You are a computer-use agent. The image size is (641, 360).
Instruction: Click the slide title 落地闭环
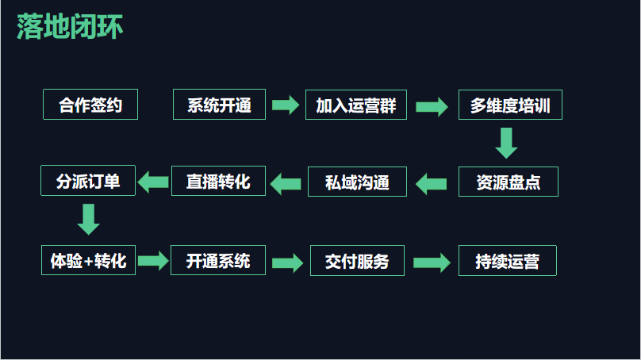[69, 27]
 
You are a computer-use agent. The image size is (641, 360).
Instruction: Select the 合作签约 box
[90, 105]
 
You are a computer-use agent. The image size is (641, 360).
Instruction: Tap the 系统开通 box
[219, 105]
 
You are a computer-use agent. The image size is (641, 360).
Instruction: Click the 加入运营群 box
[355, 105]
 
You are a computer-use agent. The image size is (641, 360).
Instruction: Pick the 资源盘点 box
[508, 182]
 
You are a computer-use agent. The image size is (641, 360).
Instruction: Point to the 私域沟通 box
[357, 182]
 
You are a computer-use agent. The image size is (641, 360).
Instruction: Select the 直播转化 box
[218, 182]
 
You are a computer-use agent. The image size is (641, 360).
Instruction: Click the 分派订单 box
[88, 181]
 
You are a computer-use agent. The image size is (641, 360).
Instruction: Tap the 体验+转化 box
[88, 260]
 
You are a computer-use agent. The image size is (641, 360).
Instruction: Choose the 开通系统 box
[218, 260]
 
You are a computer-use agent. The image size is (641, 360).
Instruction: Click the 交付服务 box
[356, 261]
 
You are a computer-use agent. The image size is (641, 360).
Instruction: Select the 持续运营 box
[507, 261]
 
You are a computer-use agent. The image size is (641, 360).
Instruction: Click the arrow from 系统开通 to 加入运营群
[284, 105]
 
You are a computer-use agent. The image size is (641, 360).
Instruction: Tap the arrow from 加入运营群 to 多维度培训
[432, 106]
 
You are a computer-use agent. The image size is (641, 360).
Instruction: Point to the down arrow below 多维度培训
[506, 143]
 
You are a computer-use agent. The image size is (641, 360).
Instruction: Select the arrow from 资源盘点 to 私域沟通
[432, 184]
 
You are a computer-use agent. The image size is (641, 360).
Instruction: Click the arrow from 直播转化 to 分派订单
[153, 182]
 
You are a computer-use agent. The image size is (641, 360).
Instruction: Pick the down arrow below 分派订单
[89, 219]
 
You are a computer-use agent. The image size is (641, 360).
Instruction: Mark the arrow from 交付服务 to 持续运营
[432, 262]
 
